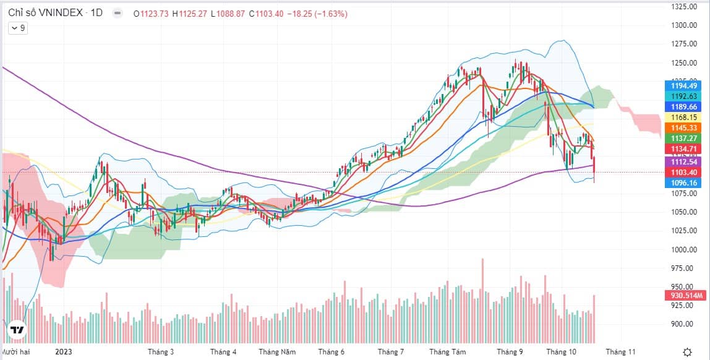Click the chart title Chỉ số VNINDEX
coord(46,12)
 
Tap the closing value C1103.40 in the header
coord(266,12)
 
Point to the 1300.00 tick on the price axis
coord(685,25)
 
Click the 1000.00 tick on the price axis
coord(685,249)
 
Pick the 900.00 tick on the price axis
coord(685,324)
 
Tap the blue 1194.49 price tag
coord(685,86)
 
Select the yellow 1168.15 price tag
coord(685,117)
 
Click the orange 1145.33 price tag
coord(685,127)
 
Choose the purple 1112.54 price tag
coord(685,161)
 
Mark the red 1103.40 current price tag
coord(685,172)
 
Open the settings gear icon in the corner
coord(688,351)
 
